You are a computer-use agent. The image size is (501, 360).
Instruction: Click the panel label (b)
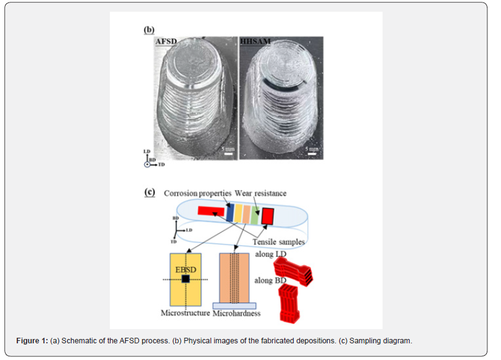click(x=149, y=29)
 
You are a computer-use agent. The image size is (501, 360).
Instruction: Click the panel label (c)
click(x=149, y=191)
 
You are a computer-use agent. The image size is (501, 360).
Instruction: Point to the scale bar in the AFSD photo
click(x=227, y=154)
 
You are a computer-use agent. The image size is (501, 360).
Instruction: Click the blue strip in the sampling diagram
click(x=230, y=213)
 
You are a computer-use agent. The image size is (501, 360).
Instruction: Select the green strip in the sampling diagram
click(x=254, y=215)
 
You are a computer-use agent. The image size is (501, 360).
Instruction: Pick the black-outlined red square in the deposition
click(x=267, y=216)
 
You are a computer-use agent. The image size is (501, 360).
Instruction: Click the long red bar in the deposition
click(x=210, y=211)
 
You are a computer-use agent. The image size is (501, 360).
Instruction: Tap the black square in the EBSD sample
click(x=186, y=280)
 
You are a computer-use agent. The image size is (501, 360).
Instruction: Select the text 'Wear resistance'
click(x=260, y=194)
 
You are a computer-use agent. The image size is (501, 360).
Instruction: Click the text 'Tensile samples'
click(x=278, y=242)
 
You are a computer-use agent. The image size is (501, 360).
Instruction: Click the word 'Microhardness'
click(x=236, y=314)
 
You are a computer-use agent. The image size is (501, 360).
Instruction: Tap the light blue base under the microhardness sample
click(x=234, y=305)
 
